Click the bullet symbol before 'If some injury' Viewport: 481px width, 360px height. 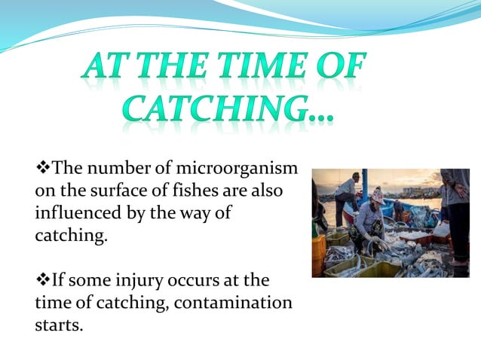click(x=42, y=281)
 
